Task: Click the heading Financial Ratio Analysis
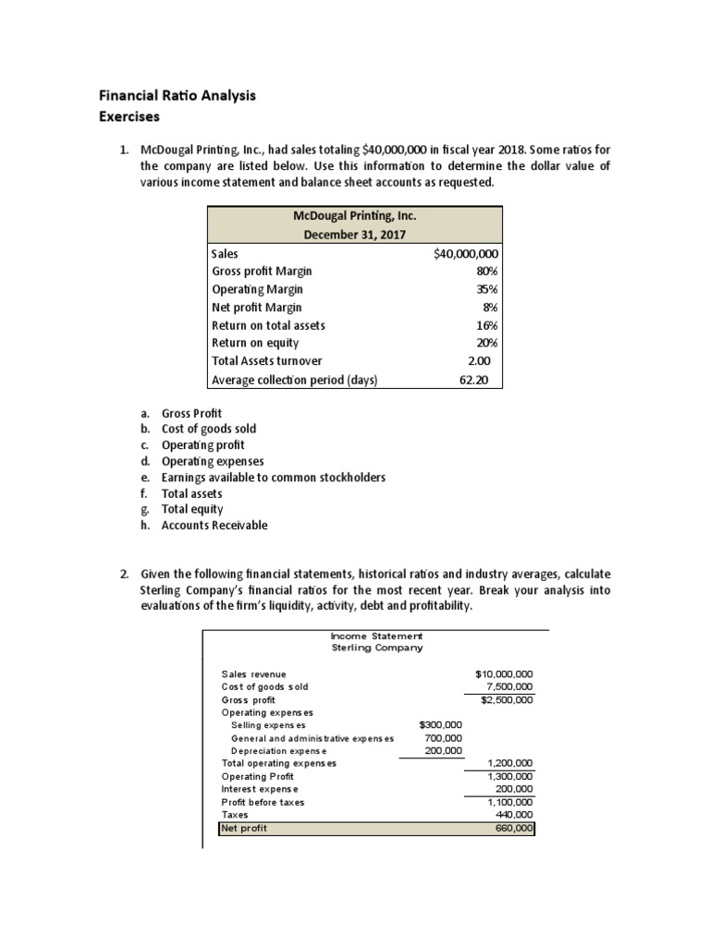click(x=177, y=95)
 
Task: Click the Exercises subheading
click(x=129, y=116)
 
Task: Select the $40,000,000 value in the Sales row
click(x=466, y=253)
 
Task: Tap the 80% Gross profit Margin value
click(x=486, y=272)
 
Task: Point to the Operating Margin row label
click(x=257, y=289)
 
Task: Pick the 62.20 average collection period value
click(x=479, y=379)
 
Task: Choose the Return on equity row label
click(x=255, y=343)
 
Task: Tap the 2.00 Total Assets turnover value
click(x=484, y=361)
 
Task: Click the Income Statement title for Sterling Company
click(x=376, y=636)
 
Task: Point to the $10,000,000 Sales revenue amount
click(x=504, y=674)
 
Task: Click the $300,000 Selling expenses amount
click(x=441, y=725)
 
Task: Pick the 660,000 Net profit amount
click(x=514, y=829)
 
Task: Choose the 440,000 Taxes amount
click(x=514, y=816)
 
